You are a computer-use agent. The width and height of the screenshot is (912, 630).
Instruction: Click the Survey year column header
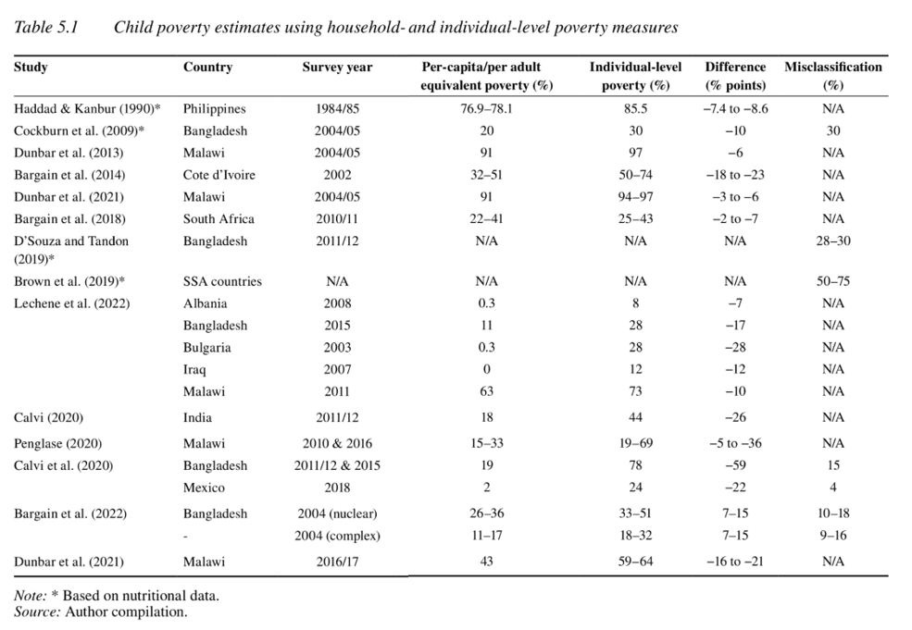337,68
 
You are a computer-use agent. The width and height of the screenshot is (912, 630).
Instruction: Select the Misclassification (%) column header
832,76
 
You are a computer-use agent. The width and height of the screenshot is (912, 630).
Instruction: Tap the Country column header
207,68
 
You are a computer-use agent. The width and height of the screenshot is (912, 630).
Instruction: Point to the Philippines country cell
214,108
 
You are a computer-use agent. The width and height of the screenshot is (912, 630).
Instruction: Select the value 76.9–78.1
486,108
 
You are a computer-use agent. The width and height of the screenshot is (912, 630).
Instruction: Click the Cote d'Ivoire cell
219,175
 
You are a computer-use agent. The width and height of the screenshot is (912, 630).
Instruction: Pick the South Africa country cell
219,219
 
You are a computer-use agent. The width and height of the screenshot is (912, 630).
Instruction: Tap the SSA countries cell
222,281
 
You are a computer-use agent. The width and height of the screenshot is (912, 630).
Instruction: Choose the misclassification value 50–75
832,281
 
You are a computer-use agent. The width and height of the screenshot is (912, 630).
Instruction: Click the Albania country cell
205,303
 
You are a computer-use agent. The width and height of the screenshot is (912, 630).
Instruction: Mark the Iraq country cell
194,370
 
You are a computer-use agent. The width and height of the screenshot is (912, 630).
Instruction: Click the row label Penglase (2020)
58,443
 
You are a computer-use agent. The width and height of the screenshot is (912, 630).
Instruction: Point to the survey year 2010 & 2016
337,443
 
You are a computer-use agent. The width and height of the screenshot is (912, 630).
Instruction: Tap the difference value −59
735,465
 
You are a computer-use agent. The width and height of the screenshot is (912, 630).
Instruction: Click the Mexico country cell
204,488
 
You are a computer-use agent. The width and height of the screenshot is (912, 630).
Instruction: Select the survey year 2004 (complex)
337,536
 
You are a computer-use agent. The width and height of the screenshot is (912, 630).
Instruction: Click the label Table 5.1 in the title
46,28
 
